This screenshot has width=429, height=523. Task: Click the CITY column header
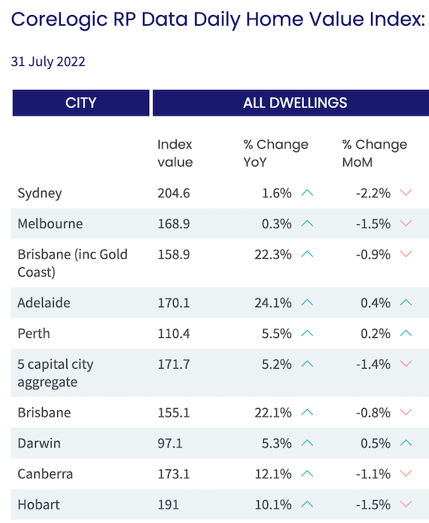(81, 103)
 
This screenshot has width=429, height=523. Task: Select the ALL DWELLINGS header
(295, 103)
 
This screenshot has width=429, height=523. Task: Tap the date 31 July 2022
(48, 61)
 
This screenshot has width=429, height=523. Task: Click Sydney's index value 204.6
(174, 193)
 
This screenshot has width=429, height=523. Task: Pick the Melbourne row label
(50, 224)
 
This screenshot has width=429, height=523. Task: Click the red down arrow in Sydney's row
(406, 193)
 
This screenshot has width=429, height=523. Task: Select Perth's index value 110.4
(174, 334)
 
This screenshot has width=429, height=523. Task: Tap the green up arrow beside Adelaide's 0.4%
(406, 303)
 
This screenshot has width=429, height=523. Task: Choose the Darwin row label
(39, 443)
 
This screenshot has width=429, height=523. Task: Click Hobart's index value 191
(168, 504)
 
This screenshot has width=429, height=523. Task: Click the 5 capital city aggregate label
(56, 373)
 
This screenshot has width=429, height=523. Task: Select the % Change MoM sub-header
(374, 153)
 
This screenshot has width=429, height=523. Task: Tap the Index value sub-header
(175, 153)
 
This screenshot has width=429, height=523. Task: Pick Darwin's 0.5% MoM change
(376, 443)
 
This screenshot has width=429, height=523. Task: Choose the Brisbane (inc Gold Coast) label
(72, 263)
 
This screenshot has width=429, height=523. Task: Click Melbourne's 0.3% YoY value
(277, 224)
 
